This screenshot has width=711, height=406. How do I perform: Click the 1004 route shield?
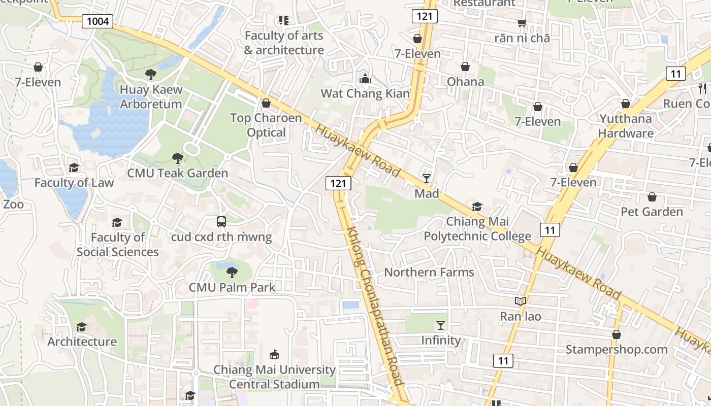click(97, 21)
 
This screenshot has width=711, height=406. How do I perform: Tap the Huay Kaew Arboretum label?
click(151, 97)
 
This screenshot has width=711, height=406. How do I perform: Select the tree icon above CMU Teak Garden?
click(177, 158)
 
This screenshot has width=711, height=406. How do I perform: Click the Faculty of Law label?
click(74, 183)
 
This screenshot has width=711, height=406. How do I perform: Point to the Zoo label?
click(13, 205)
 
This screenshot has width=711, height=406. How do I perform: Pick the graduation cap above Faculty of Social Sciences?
click(117, 222)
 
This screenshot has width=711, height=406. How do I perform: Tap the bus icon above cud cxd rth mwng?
click(221, 222)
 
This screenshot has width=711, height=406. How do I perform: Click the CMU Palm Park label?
click(232, 287)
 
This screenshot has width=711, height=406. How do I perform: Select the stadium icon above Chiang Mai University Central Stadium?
click(274, 354)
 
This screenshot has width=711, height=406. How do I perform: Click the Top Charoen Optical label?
click(266, 125)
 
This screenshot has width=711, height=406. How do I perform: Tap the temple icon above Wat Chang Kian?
click(365, 79)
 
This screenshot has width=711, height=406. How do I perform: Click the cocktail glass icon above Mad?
click(427, 178)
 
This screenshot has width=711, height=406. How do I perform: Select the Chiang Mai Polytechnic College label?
click(477, 229)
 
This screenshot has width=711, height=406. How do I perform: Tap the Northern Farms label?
click(429, 272)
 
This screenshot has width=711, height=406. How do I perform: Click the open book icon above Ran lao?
click(521, 301)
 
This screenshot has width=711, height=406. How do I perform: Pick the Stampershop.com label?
click(617, 350)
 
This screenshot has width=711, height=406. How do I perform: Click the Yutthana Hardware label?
click(626, 126)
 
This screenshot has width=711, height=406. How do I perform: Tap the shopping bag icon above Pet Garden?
click(652, 197)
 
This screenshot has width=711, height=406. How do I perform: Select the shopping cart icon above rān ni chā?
click(522, 23)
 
